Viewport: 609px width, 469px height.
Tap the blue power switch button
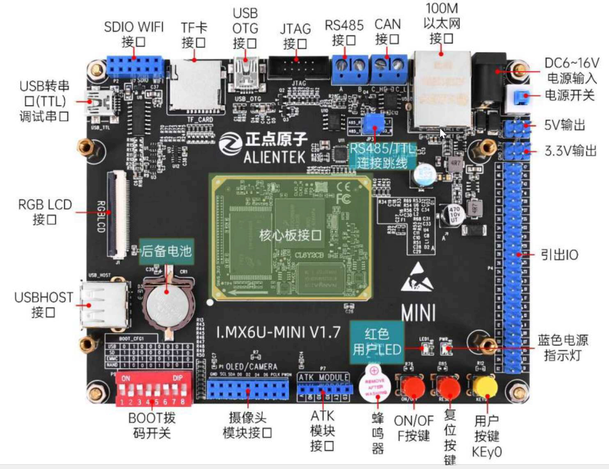[518, 97]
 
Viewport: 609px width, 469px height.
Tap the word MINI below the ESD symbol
[418, 313]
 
